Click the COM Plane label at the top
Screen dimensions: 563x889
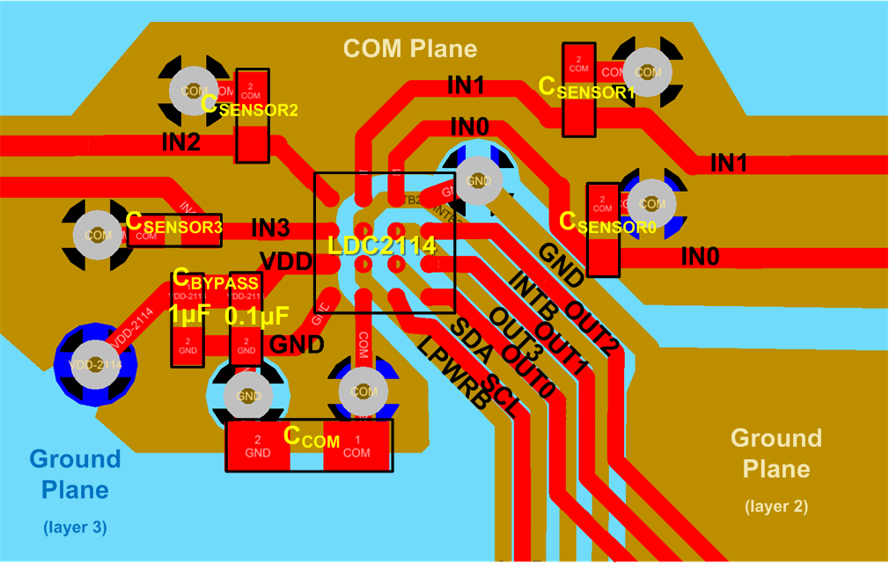pyautogui.click(x=410, y=49)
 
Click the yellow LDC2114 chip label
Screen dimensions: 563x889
pyautogui.click(x=382, y=246)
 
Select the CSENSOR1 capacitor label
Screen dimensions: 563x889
pyautogui.click(x=586, y=88)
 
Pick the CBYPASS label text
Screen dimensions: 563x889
pyautogui.click(x=216, y=281)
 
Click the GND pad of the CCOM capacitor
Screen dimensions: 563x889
pyautogui.click(x=258, y=447)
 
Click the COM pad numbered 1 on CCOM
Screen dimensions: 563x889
pyautogui.click(x=356, y=447)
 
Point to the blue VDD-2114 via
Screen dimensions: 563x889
pyautogui.click(x=93, y=363)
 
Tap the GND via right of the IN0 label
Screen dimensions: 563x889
pyautogui.click(x=476, y=179)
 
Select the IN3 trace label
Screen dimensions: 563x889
pyautogui.click(x=270, y=228)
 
